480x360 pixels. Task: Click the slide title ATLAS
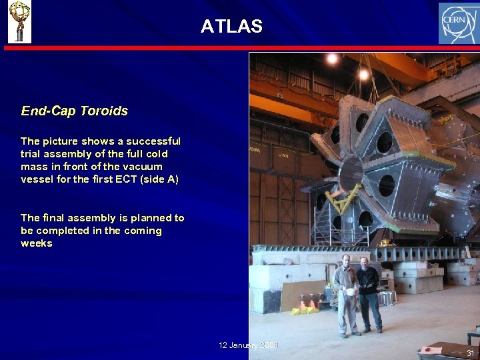click(x=231, y=27)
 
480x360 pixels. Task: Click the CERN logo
click(x=457, y=23)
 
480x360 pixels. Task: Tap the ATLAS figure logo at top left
click(x=19, y=22)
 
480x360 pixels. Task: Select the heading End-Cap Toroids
click(x=74, y=111)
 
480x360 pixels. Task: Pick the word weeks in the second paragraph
click(x=36, y=243)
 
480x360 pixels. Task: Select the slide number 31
click(x=470, y=353)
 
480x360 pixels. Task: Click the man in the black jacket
click(x=367, y=293)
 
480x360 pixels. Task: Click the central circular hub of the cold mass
click(x=351, y=172)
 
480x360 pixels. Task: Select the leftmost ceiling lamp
click(x=331, y=59)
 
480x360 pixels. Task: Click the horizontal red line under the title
click(x=240, y=48)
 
